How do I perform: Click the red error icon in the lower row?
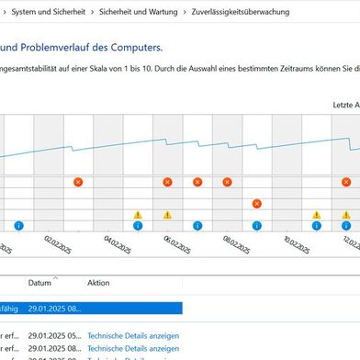(x=257, y=203)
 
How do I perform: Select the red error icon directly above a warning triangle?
(x=167, y=182)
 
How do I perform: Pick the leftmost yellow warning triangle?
(x=138, y=214)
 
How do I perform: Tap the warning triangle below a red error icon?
(x=167, y=214)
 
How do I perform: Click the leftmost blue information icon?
(x=18, y=224)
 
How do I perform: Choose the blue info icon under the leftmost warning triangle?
(x=138, y=224)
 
